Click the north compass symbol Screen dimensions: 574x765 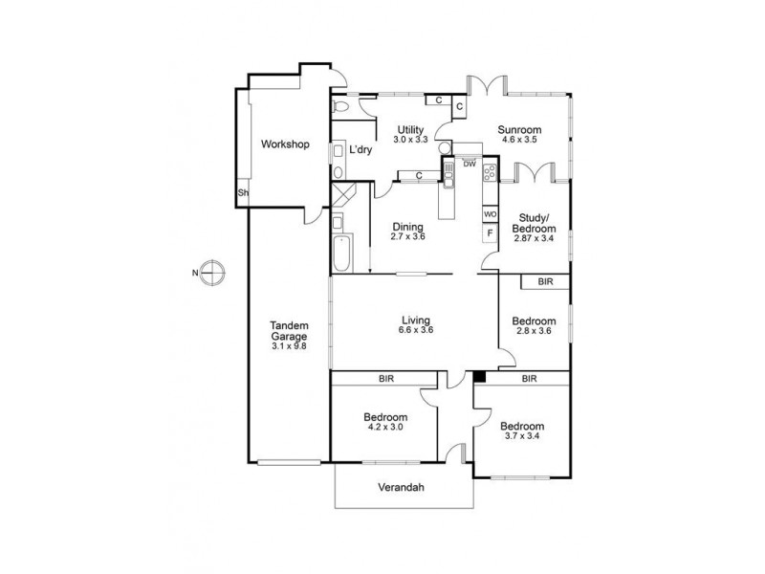point(212,273)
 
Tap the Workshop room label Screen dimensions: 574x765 point(285,144)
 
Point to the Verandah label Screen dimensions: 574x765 point(401,488)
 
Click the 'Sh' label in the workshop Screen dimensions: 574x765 point(243,193)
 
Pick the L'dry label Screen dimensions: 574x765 point(361,149)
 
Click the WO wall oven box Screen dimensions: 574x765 point(491,214)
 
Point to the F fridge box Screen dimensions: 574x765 point(491,233)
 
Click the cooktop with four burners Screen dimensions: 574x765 point(490,173)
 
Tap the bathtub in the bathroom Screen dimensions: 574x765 point(339,245)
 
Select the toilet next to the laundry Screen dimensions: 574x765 point(341,107)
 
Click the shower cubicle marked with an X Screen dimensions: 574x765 point(342,194)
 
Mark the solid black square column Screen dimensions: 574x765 point(480,377)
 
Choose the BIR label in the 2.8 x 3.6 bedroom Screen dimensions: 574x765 point(545,282)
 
